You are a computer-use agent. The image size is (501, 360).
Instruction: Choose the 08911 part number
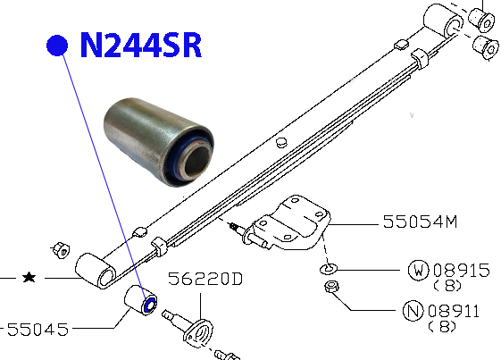(455, 312)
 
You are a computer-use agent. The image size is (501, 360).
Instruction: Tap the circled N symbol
(412, 312)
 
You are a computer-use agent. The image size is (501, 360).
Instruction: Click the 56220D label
(205, 279)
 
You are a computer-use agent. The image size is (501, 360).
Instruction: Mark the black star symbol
(29, 279)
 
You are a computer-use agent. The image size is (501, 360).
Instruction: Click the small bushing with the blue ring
(143, 302)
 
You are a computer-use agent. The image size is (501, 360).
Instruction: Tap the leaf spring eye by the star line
(93, 269)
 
